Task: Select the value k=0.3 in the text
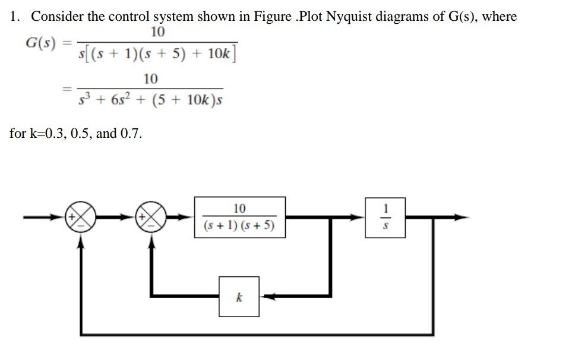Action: click(46, 133)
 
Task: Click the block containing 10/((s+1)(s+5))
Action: click(239, 217)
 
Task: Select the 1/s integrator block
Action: click(386, 217)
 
